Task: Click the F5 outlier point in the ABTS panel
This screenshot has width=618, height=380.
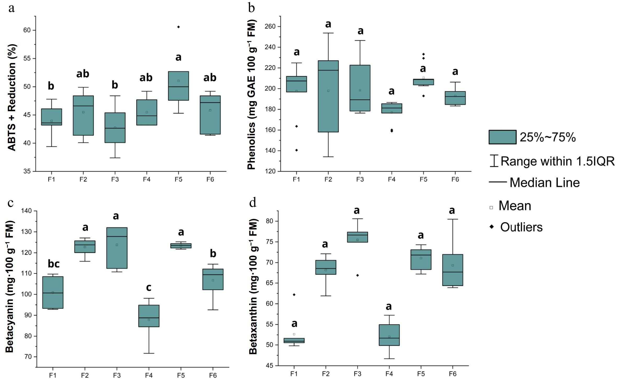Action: click(178, 27)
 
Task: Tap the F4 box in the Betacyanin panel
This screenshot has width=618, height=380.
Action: click(149, 316)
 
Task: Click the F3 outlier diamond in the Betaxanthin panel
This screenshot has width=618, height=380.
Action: click(357, 275)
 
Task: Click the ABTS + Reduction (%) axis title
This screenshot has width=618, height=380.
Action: click(12, 97)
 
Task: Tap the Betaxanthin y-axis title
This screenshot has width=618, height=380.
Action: click(253, 287)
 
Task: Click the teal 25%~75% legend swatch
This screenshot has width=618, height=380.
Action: click(502, 137)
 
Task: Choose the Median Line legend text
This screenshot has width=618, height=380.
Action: click(544, 183)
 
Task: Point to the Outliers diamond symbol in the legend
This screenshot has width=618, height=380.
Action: click(492, 227)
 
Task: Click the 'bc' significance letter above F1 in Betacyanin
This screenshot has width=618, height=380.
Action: click(54, 264)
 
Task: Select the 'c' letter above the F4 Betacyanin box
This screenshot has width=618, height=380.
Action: click(149, 287)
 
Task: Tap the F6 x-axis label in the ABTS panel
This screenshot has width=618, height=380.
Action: click(210, 179)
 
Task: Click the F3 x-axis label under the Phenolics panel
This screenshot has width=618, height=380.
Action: click(360, 179)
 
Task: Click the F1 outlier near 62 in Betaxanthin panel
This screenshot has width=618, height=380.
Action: click(294, 295)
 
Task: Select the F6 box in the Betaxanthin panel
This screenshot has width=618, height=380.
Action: click(453, 270)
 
